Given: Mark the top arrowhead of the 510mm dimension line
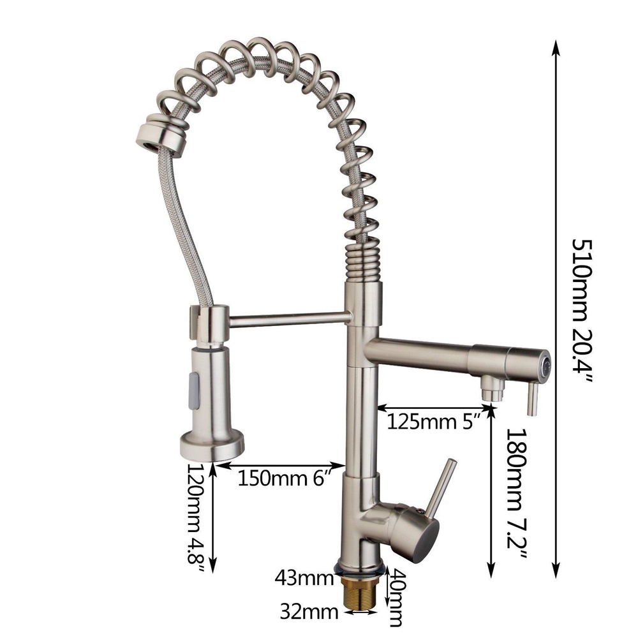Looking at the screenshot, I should point(557,48).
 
